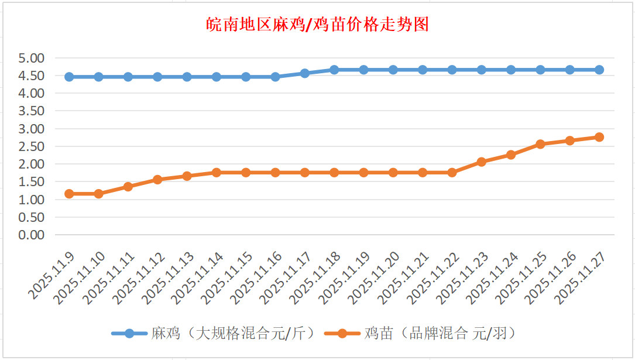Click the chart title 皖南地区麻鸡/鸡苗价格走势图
[318, 25]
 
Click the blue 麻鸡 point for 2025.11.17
[305, 73]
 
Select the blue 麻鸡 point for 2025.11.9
[69, 77]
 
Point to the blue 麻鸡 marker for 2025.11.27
[599, 70]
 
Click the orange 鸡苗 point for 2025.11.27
[599, 137]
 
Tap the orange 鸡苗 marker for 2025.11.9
[69, 194]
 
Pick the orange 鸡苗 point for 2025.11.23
[482, 162]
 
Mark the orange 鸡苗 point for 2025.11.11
[128, 187]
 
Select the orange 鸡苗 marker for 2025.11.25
[540, 144]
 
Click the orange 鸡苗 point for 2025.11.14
[217, 173]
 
